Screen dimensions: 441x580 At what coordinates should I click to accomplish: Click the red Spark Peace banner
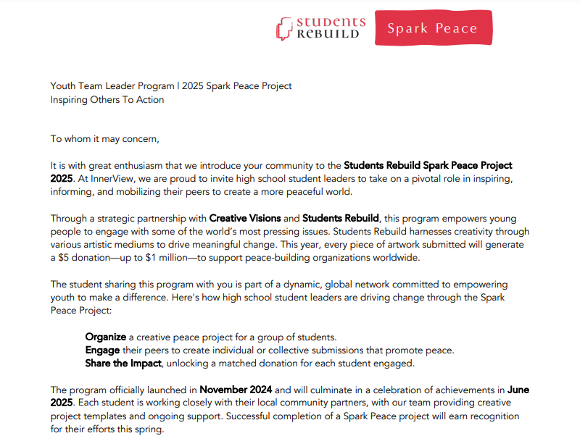point(433,28)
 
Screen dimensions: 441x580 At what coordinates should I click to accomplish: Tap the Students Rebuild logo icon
point(283,29)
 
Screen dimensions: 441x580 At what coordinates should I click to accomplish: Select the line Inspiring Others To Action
point(107,99)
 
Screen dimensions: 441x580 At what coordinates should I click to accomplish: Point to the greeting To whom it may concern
point(104,138)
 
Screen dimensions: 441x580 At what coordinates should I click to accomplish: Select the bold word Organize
point(106,337)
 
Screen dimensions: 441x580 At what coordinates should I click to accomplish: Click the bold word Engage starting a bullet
point(103,350)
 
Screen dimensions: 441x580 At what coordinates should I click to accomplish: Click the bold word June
point(518,390)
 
